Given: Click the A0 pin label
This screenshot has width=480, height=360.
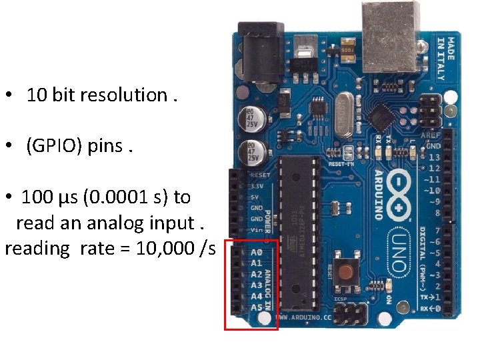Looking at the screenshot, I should click(x=257, y=252).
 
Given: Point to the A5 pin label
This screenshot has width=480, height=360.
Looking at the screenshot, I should click(x=257, y=307).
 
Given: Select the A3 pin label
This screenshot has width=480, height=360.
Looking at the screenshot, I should click(x=257, y=285).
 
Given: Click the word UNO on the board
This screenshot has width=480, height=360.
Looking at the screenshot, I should click(x=399, y=253).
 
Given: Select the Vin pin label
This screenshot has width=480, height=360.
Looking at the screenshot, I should click(x=257, y=229).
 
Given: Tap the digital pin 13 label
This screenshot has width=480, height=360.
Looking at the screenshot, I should click(x=435, y=157).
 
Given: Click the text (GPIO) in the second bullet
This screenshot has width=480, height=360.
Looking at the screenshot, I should click(x=54, y=145).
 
